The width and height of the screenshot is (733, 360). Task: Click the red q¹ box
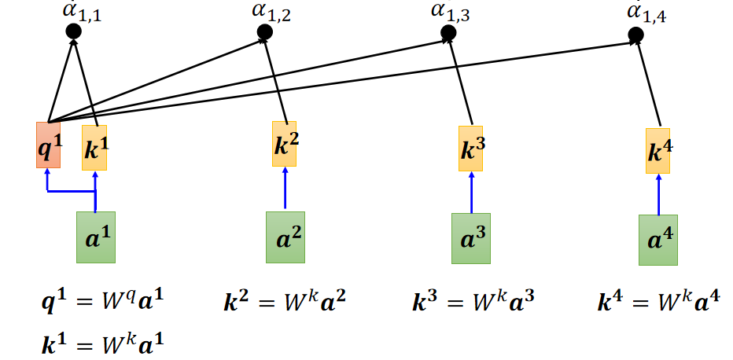click(48, 145)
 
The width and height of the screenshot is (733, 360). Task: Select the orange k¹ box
click(94, 147)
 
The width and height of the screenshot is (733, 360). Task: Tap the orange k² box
click(285, 144)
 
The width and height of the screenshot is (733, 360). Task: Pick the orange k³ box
click(471, 148)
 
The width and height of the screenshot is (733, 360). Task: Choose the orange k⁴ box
click(658, 151)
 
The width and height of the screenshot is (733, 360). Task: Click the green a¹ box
click(95, 237)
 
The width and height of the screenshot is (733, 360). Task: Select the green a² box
click(285, 237)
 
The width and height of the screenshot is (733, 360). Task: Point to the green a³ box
click(471, 238)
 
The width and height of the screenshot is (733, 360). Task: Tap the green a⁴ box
click(658, 240)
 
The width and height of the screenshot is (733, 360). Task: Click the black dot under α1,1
click(73, 31)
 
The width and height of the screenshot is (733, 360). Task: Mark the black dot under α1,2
click(265, 31)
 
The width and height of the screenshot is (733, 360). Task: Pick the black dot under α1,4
click(635, 36)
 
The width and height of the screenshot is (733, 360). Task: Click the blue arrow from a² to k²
click(285, 189)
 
